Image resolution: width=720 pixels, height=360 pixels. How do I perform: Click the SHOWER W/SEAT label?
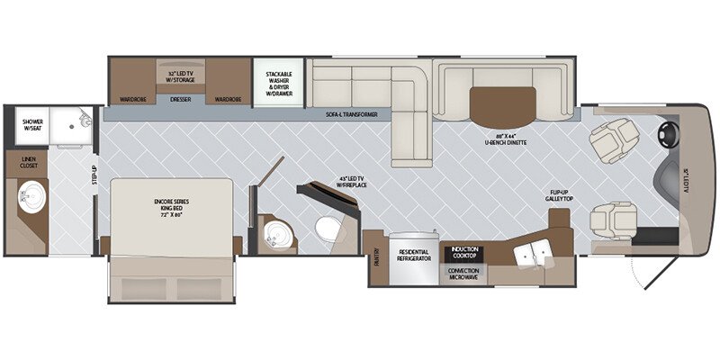pyautogui.click(x=32, y=126)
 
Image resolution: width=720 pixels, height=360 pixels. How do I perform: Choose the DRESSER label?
pyautogui.click(x=180, y=100)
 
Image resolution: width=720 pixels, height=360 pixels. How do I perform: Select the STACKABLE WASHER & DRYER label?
pyautogui.click(x=276, y=83)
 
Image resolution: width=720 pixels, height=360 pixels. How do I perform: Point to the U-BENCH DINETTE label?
pyautogui.click(x=504, y=140)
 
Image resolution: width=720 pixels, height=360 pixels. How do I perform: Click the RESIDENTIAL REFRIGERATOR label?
pyautogui.click(x=414, y=255)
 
